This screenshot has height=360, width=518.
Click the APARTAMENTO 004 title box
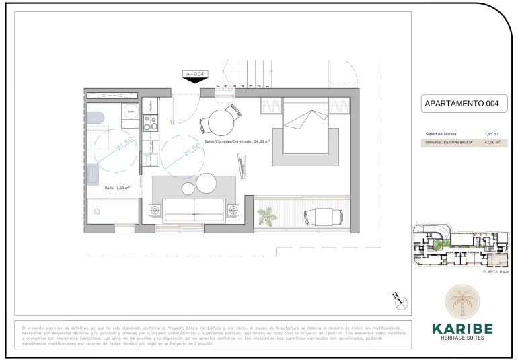click(462, 104)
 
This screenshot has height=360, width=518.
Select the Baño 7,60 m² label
click(117, 188)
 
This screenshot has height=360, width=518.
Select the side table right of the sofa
click(233, 209)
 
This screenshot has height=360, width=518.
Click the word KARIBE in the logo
click(461, 328)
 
